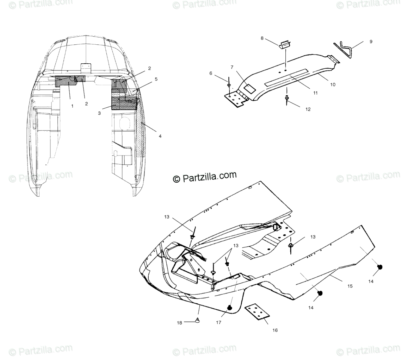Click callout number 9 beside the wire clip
click(371, 42)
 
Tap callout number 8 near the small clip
click(262, 38)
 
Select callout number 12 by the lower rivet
click(308, 109)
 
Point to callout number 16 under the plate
click(275, 330)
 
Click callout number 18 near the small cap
click(179, 323)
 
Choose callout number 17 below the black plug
click(218, 322)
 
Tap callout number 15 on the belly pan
click(350, 286)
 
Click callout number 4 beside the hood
click(160, 136)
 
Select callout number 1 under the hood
click(72, 106)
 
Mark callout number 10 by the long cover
click(333, 84)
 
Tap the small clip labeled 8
click(286, 45)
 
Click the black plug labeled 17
click(230, 308)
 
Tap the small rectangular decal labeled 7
click(249, 88)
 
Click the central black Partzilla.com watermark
click(205, 177)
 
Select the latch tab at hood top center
click(86, 68)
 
